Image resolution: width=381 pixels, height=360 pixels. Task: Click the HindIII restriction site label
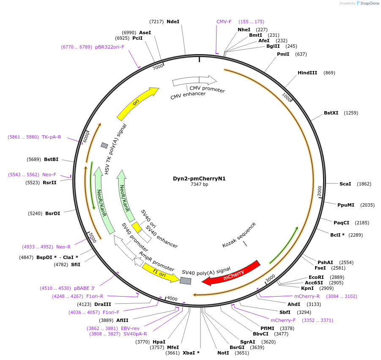point(307,73)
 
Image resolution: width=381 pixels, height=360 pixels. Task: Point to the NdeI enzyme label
point(173,21)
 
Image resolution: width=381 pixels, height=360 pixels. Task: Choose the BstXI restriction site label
point(331,113)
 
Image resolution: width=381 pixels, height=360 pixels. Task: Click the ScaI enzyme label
point(345,184)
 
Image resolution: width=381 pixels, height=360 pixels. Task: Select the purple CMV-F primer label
point(224,22)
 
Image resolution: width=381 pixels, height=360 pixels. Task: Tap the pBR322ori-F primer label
point(110,47)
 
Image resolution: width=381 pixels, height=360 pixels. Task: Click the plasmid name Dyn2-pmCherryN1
point(199,178)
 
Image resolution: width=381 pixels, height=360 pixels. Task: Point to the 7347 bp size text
point(199,185)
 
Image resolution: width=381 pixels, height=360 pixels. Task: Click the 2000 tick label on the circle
point(320,191)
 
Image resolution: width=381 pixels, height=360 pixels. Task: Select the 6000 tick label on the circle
point(86,136)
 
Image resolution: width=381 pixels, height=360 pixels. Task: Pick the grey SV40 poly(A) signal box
point(185,281)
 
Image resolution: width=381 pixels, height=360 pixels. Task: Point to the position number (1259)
point(351,113)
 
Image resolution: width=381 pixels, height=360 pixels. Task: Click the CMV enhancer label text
point(188,95)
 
